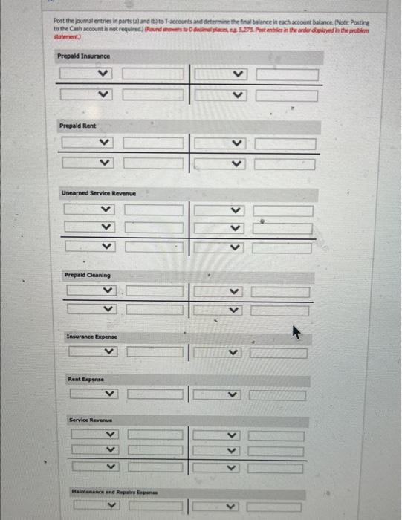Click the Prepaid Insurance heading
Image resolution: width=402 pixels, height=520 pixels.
[83, 56]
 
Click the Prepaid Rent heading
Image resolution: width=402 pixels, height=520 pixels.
[77, 126]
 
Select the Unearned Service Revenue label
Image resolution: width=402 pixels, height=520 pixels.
[99, 193]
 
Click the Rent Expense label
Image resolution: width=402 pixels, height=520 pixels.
[84, 379]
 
